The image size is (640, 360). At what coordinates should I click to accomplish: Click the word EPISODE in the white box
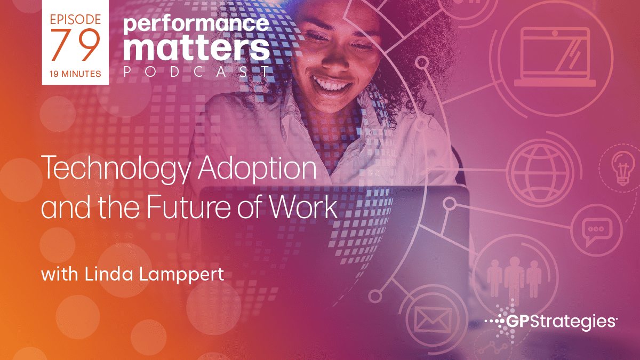(75, 19)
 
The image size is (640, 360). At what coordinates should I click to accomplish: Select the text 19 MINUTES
(75, 74)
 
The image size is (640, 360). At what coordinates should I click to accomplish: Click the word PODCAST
(197, 72)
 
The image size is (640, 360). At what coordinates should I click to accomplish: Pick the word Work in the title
(303, 206)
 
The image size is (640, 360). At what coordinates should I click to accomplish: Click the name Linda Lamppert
(154, 274)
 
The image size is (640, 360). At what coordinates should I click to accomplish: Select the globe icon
(540, 173)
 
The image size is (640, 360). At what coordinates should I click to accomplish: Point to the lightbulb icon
(623, 169)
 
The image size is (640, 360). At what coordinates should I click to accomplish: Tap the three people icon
(514, 277)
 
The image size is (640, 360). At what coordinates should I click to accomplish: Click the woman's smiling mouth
(332, 83)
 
